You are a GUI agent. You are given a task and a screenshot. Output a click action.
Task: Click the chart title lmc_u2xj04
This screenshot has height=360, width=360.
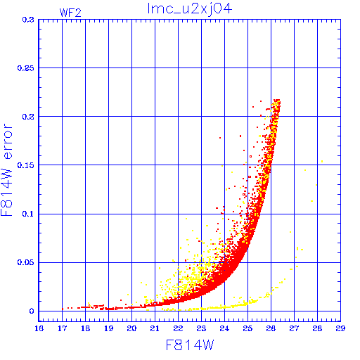pyautogui.click(x=190, y=9)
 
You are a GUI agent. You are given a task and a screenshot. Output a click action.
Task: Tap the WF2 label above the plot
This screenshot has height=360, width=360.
pyautogui.click(x=70, y=13)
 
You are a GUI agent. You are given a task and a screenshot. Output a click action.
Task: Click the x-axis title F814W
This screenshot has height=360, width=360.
pyautogui.click(x=190, y=345)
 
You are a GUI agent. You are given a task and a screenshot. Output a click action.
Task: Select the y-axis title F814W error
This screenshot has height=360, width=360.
pyautogui.click(x=7, y=170)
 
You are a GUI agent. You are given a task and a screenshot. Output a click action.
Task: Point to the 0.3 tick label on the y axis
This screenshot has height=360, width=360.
pyautogui.click(x=28, y=20)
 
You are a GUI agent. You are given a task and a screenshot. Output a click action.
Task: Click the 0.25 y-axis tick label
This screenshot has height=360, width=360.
pyautogui.click(x=25, y=68)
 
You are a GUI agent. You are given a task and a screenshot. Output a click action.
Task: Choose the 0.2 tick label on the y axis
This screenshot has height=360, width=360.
pyautogui.click(x=28, y=117)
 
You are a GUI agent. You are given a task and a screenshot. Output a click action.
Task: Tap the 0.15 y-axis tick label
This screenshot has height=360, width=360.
pyautogui.click(x=25, y=165)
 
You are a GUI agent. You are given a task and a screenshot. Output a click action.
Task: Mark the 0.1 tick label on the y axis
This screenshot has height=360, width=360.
pyautogui.click(x=28, y=214)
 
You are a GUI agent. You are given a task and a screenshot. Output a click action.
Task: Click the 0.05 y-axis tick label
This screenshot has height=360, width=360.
pyautogui.click(x=25, y=262)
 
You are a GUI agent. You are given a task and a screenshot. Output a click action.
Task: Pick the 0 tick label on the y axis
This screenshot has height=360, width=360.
pyautogui.click(x=32, y=311)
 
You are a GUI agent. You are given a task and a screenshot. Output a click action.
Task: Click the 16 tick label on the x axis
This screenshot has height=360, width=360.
pyautogui.click(x=39, y=328)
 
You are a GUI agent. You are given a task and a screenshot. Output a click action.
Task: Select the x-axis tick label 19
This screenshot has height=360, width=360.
pyautogui.click(x=109, y=328)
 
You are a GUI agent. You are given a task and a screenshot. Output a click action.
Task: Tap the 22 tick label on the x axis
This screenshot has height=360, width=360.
pyautogui.click(x=178, y=328)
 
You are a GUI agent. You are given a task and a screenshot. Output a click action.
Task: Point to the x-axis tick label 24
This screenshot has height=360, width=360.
pyautogui.click(x=224, y=328)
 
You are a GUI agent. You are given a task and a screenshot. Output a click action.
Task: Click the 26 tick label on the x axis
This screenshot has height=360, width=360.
pyautogui.click(x=271, y=328)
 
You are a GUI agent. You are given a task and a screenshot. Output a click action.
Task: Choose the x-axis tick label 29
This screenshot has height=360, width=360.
pyautogui.click(x=340, y=328)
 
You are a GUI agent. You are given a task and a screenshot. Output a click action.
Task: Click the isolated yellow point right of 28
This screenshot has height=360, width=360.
pyautogui.click(x=322, y=161)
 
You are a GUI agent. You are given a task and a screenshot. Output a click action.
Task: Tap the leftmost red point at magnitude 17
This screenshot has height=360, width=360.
pyautogui.click(x=63, y=309)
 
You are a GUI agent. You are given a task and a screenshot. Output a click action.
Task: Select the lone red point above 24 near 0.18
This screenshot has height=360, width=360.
pyautogui.click(x=220, y=138)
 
